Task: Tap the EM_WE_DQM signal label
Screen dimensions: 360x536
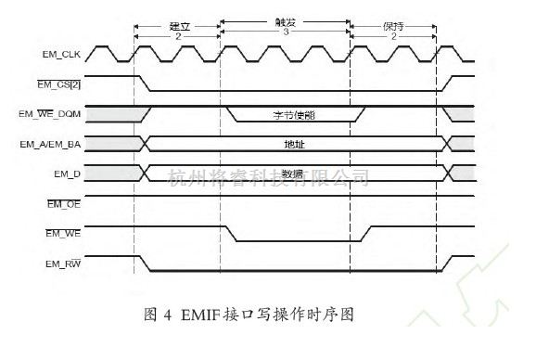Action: (x=57, y=114)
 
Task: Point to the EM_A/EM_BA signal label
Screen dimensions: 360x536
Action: (x=57, y=144)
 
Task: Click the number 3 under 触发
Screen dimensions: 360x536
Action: (x=286, y=30)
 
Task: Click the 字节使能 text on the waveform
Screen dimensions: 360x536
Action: (x=293, y=115)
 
